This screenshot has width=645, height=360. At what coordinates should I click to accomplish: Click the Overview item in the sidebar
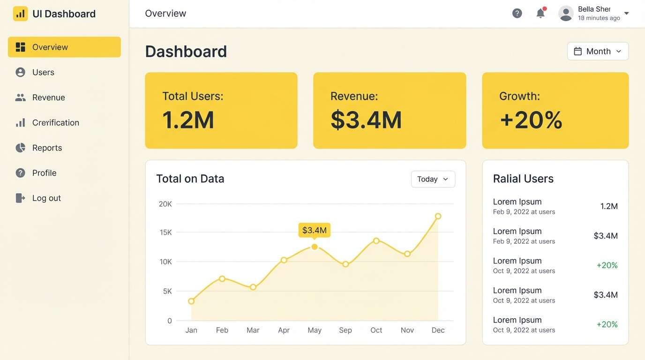coord(64,47)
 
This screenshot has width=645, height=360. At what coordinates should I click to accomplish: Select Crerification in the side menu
coord(55,123)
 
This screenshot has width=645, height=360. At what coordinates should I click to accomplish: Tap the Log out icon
coord(20,198)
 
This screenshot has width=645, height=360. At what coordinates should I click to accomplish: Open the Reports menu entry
coord(47,148)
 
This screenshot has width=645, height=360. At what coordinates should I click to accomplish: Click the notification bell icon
coord(540,14)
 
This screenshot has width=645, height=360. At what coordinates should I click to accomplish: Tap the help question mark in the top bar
coord(517,14)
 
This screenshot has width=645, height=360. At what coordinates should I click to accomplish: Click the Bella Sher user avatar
coord(566,14)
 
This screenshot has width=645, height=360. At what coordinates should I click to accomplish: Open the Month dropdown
coord(598,52)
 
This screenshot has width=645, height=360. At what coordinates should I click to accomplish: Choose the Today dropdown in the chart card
coord(433,179)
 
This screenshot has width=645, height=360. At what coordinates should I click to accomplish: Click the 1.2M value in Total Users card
coord(188,120)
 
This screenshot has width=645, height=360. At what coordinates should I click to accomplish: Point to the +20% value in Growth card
coord(531,120)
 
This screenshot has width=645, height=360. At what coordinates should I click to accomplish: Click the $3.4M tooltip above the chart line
coord(314,230)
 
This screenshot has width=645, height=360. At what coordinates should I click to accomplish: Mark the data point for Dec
coord(438,216)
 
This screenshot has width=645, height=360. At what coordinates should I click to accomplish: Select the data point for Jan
coord(191,301)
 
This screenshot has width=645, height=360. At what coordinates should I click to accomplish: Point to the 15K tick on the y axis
coord(165,232)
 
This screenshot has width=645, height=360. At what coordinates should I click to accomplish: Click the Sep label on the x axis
coord(345,330)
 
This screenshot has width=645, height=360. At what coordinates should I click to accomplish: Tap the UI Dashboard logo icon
coord(20,14)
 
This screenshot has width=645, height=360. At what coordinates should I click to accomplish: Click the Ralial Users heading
coord(523,179)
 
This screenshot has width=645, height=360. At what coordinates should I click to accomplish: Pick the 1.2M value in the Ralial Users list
coord(609,206)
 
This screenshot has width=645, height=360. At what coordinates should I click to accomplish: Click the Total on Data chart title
coord(190,179)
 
